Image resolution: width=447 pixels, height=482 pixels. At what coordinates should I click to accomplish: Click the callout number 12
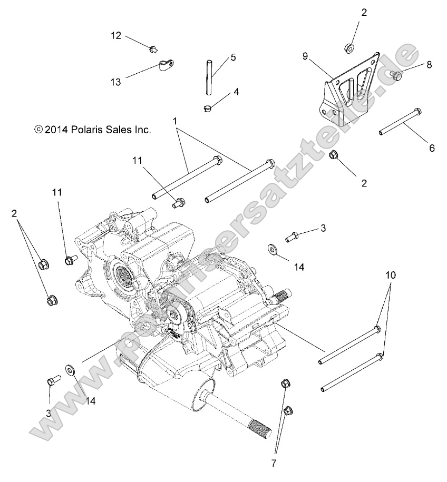116,35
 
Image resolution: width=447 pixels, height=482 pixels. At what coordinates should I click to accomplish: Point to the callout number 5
232,57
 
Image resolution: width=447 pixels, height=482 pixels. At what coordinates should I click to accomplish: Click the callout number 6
431,149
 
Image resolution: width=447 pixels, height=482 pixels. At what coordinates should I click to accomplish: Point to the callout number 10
390,275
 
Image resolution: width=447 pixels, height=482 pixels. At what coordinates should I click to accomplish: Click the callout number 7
274,463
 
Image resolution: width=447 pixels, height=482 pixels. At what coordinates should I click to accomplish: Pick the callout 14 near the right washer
299,267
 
